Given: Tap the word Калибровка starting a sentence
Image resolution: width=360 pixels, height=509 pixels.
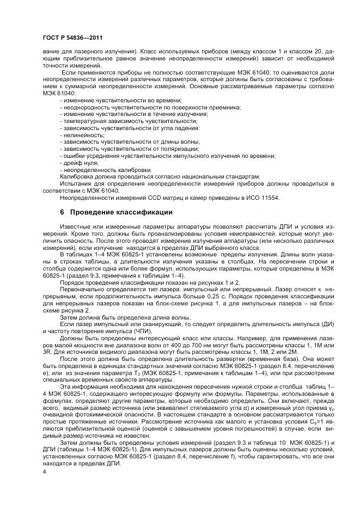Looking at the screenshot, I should coord(75,177).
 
